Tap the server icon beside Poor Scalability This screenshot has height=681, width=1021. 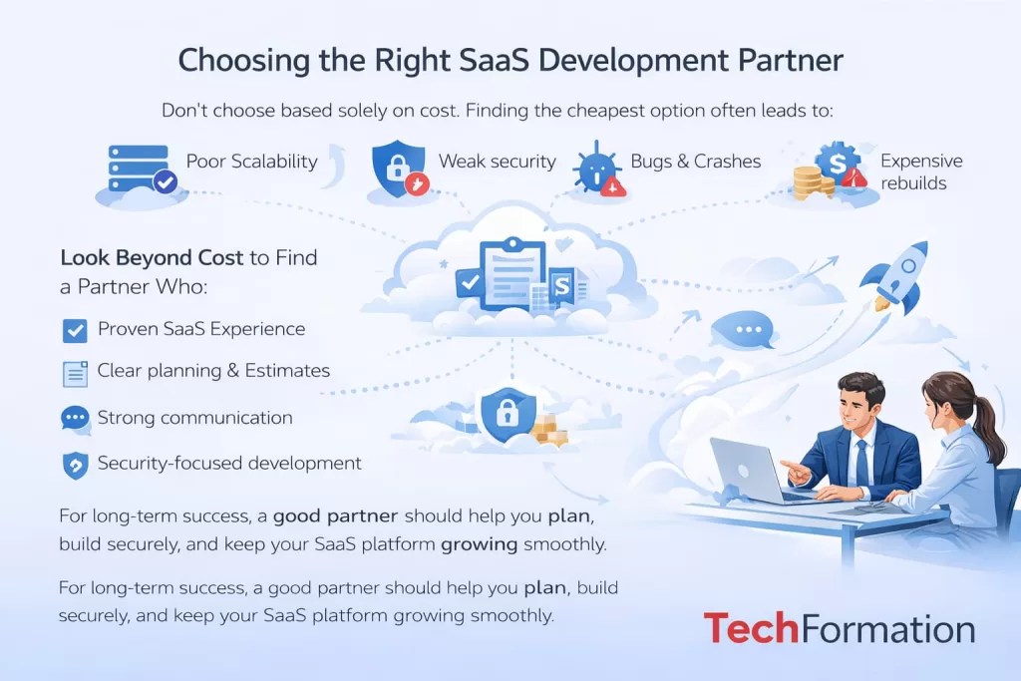tap(138, 169)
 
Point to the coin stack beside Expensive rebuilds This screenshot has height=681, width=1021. tap(812, 182)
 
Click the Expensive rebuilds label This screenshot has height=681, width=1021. tap(920, 171)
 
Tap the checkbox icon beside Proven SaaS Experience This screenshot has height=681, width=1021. tap(74, 330)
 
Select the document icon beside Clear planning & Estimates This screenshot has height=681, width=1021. tap(75, 373)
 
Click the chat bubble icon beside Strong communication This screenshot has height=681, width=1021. tap(75, 419)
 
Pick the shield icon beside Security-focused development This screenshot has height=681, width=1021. tap(75, 465)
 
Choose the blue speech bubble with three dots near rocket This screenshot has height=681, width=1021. tap(742, 329)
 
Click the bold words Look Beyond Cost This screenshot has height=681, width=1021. tap(152, 257)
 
